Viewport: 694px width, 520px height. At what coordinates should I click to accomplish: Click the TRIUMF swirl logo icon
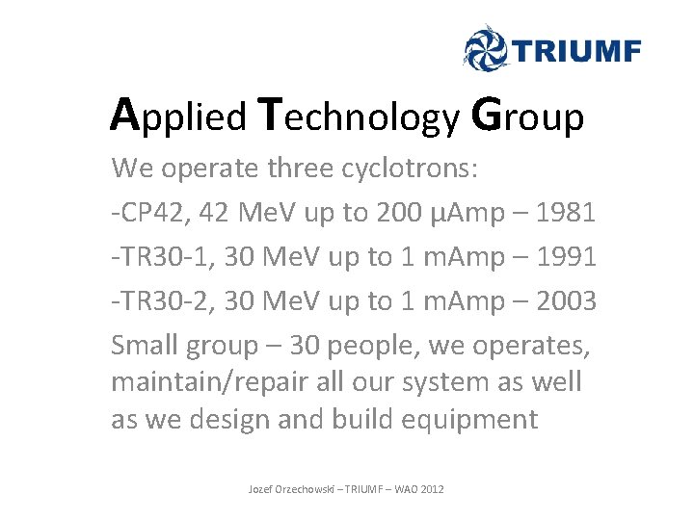tap(487, 48)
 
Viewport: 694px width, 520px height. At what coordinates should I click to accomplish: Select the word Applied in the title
tap(179, 117)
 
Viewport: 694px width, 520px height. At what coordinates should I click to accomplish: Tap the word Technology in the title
tap(360, 117)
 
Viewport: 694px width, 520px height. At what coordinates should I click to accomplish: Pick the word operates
tap(528, 344)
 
